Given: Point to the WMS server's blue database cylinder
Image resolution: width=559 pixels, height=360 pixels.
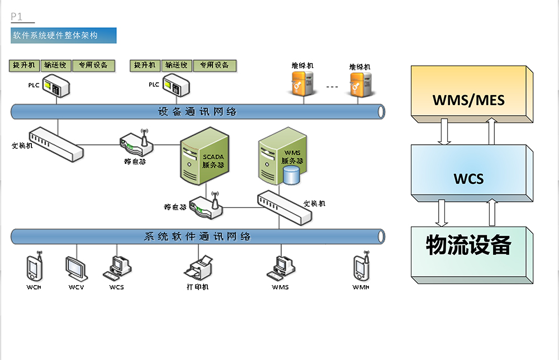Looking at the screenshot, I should tap(291, 175).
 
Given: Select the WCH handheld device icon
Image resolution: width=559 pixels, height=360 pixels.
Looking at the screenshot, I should tap(34, 267).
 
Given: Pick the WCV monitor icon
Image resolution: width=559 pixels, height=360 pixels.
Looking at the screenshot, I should tap(76, 269).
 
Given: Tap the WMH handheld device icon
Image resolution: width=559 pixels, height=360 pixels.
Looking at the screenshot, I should tap(360, 267).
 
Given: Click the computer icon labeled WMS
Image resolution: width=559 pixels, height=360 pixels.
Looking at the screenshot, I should tap(279, 268).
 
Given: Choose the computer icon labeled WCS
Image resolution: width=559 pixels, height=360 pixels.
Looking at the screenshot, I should tap(116, 268).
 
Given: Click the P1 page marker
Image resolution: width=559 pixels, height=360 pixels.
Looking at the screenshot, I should tap(17, 17).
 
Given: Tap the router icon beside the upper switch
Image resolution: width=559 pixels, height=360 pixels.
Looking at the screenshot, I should tap(136, 143).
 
